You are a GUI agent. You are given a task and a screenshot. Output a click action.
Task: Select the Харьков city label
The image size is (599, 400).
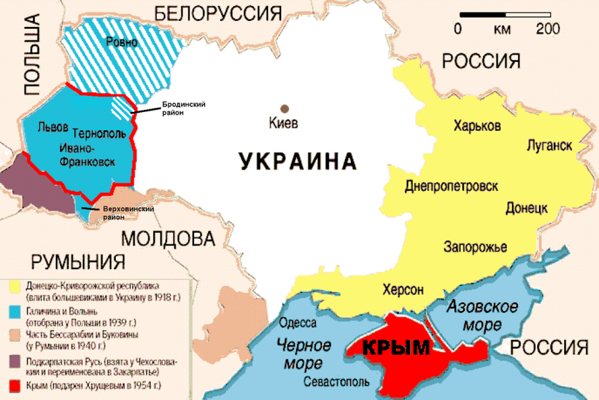(477, 126)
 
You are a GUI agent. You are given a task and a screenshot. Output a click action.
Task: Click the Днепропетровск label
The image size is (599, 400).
(451, 186)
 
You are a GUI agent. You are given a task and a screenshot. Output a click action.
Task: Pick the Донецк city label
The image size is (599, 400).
(527, 208)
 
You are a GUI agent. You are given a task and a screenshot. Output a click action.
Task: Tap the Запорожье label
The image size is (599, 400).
(475, 247)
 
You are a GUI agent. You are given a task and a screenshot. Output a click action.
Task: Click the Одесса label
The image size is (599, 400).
(298, 323)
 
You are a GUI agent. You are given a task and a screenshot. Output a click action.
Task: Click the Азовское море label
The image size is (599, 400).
(482, 315)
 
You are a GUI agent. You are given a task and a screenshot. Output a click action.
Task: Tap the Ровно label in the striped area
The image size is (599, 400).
(122, 43)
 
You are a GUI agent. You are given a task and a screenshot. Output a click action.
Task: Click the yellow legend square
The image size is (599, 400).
(13, 287)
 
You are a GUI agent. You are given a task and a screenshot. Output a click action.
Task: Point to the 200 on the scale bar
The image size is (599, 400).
(548, 29)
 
